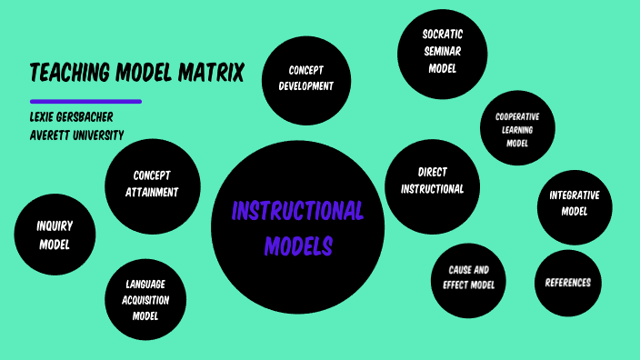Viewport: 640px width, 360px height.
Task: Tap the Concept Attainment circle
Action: coord(152,184)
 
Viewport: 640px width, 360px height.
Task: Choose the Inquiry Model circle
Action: coord(55,235)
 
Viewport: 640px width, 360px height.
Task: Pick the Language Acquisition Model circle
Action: coord(145,300)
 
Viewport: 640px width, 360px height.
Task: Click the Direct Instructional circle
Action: coord(432,180)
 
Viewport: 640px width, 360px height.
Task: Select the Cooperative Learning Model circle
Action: coord(517,129)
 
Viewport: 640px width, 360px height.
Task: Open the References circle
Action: coord(568,283)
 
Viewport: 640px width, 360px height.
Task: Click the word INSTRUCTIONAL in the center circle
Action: coord(297,212)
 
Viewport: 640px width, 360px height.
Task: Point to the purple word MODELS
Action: coord(298,245)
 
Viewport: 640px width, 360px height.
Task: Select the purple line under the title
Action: coord(85,101)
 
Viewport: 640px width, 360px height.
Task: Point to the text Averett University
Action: coord(75,135)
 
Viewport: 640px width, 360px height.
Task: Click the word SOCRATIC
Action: coord(443,35)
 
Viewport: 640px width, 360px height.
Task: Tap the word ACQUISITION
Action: coord(145,300)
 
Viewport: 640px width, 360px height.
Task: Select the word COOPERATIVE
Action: coord(517,116)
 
